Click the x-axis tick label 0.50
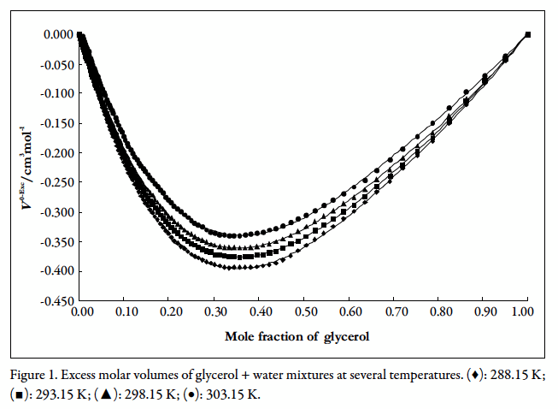click(x=303, y=313)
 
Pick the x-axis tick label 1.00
click(x=526, y=313)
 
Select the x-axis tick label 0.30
click(x=214, y=313)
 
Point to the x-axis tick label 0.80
click(x=438, y=313)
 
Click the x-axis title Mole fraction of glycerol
click(x=297, y=336)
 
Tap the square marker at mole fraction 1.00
click(x=527, y=34)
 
